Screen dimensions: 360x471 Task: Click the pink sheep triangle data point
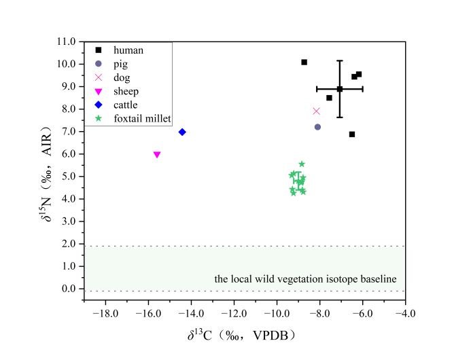[157, 154]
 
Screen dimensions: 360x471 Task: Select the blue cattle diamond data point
[182, 132]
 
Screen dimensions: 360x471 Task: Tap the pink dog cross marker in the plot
[316, 111]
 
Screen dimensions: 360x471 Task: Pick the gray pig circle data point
[317, 127]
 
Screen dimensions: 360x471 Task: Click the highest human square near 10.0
[304, 62]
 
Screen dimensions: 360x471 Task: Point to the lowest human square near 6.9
[352, 134]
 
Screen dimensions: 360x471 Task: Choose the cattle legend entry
[126, 105]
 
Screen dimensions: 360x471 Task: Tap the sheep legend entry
[126, 91]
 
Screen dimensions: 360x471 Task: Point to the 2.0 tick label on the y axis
[67, 244]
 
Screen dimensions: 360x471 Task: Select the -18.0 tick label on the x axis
[105, 314]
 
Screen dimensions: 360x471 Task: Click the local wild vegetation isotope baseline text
[305, 278]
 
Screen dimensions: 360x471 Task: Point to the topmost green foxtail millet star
[302, 164]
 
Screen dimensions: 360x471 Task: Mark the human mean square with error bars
[340, 88]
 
